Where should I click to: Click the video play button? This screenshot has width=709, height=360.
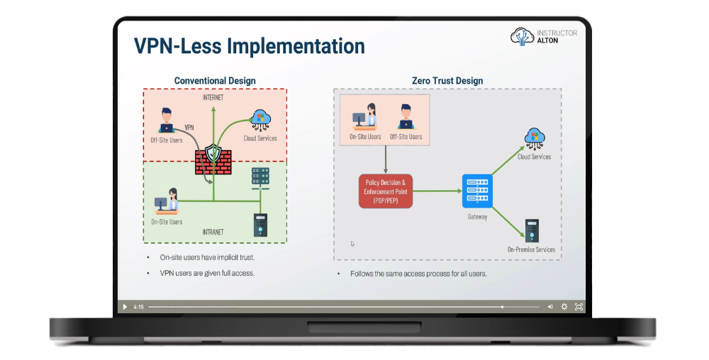pos(125,307)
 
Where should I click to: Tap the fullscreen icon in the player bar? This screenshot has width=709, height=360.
pos(579,307)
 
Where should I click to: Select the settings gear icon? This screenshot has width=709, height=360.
pos(564,307)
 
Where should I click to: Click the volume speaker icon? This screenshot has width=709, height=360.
pos(550,307)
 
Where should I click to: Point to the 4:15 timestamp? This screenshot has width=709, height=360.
pos(139,307)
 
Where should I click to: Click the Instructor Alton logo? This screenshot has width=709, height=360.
pos(544,37)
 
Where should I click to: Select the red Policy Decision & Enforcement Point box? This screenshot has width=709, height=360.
pos(385,192)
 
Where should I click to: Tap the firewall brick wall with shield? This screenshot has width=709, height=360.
pos(213,159)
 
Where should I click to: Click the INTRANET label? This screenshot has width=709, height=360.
pos(213,232)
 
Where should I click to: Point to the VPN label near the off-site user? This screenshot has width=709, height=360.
pos(189,128)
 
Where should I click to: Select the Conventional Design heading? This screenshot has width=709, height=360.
pos(215,81)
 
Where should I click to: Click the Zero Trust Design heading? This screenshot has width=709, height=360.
pos(447,81)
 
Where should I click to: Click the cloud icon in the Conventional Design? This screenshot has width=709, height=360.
pos(260,118)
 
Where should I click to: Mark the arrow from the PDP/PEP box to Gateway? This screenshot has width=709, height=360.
pos(436,191)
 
